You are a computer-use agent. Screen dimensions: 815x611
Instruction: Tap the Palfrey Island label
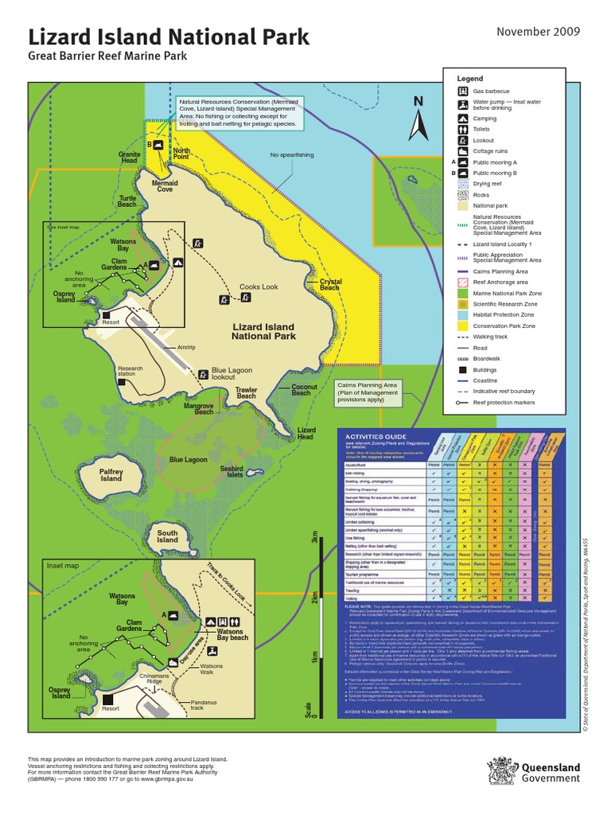pyautogui.click(x=111, y=474)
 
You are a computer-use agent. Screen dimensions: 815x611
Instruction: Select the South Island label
pyautogui.click(x=167, y=536)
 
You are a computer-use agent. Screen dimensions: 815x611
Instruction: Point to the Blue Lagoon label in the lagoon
pyautogui.click(x=188, y=460)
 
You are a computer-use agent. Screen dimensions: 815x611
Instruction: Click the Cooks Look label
pyautogui.click(x=259, y=287)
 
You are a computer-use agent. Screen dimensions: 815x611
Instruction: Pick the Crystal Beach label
pyautogui.click(x=330, y=285)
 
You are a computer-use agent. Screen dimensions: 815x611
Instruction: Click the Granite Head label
pyautogui.click(x=130, y=157)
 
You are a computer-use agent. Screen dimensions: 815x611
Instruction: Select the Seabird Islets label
pyautogui.click(x=232, y=471)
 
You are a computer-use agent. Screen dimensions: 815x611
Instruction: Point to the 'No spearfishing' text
pyautogui.click(x=292, y=155)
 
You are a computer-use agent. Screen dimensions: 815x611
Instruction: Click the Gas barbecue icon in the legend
pyautogui.click(x=462, y=92)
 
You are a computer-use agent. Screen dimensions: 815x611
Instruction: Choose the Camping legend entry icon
pyautogui.click(x=462, y=116)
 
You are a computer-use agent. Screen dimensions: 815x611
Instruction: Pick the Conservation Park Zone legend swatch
pyautogui.click(x=462, y=326)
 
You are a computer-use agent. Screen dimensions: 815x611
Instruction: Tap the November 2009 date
pyautogui.click(x=539, y=32)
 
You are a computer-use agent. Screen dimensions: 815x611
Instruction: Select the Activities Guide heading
pyautogui.click(x=375, y=437)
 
